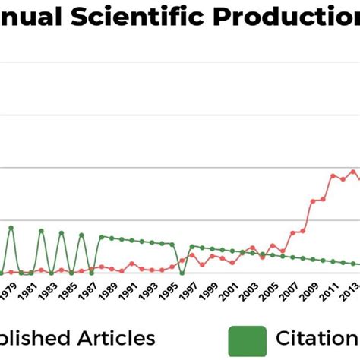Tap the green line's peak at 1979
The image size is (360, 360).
point(11,226)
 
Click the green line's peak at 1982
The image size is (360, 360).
point(41,231)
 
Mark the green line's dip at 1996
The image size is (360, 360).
point(182,273)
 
